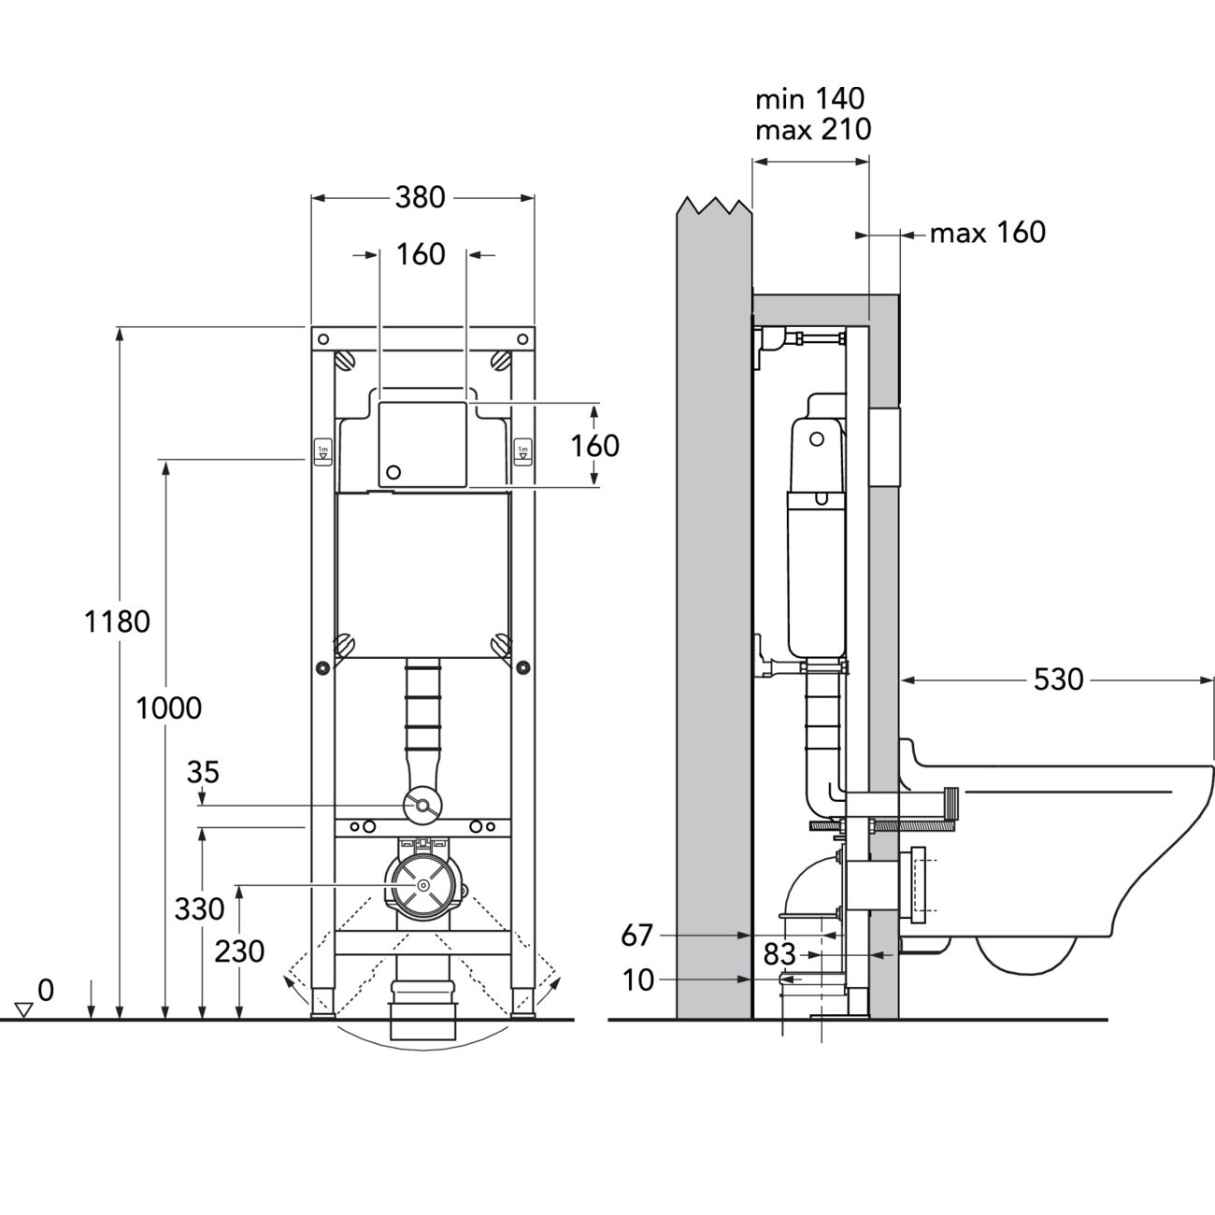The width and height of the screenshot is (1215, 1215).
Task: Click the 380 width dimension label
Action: [x=421, y=198]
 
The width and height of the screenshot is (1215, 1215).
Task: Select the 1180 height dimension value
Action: [x=117, y=622]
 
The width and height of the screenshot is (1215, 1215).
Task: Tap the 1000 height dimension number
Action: [x=169, y=708]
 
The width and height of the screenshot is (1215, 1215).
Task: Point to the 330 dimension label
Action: [x=199, y=908]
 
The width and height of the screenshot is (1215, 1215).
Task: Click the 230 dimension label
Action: [x=239, y=951]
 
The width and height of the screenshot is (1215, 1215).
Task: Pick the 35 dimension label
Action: [x=203, y=772]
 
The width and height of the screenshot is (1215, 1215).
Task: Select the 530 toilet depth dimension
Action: [x=1058, y=679]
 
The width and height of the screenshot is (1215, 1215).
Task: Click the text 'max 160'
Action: [x=987, y=232]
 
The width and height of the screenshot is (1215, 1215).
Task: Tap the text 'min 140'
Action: [x=810, y=98]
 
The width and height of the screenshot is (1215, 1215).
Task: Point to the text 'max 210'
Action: [x=812, y=129]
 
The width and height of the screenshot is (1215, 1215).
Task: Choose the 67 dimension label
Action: [x=639, y=934]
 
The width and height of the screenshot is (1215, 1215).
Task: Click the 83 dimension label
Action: [x=779, y=954]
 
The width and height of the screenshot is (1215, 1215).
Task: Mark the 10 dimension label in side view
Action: [x=639, y=979]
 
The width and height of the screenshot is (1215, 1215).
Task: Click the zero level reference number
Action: [x=46, y=989]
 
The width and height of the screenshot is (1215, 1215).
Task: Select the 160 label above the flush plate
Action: [x=421, y=254]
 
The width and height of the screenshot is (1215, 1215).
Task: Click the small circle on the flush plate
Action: [x=393, y=472]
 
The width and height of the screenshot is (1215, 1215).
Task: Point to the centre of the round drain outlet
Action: [x=422, y=884]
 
